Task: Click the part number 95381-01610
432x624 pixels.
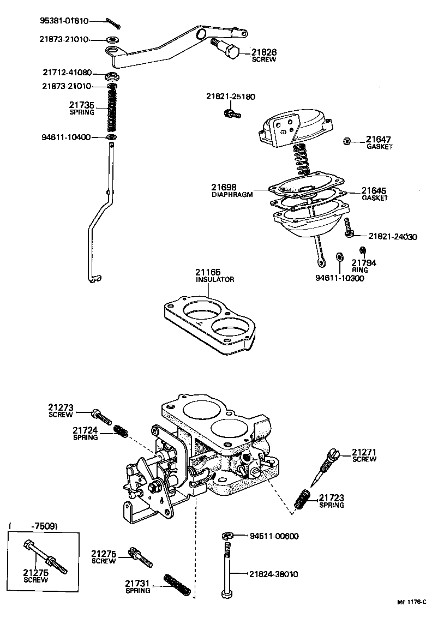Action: coord(64,21)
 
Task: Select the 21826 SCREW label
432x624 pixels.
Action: coord(264,56)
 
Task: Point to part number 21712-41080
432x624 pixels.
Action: coord(67,73)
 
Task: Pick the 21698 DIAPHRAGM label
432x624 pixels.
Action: coord(232,190)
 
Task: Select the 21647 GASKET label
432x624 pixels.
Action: coord(379,142)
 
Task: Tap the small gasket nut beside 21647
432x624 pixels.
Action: coord(347,141)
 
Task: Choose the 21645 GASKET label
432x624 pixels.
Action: coord(375,194)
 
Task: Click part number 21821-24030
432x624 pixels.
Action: coord(392,237)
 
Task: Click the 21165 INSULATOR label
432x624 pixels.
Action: coord(215,275)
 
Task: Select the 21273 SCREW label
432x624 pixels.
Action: coord(60,410)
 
